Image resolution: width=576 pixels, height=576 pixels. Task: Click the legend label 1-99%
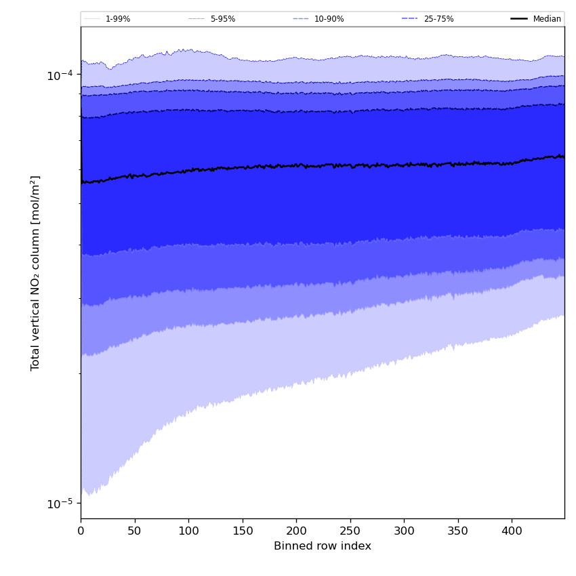click(118, 19)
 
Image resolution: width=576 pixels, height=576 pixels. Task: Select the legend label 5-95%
click(223, 19)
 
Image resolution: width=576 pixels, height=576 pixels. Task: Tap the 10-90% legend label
click(329, 19)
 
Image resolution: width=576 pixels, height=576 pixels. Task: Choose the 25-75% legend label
click(438, 19)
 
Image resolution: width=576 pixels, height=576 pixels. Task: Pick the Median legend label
click(547, 19)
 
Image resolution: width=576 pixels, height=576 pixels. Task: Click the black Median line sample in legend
click(519, 19)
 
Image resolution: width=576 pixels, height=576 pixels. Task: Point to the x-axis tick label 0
click(81, 532)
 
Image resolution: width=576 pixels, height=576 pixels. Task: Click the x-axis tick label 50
click(134, 532)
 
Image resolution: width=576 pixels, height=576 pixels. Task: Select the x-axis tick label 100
click(188, 532)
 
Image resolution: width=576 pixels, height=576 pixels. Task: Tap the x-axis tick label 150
click(243, 532)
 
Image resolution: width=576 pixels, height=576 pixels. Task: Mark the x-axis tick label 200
click(296, 532)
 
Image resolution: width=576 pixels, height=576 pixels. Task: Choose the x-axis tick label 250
click(350, 532)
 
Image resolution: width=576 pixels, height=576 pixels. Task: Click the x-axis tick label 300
click(404, 532)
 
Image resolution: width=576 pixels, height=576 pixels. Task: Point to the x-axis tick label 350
click(458, 532)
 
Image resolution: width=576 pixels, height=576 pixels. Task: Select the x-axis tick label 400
click(512, 532)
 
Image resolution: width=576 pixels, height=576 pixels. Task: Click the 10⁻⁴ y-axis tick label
click(60, 75)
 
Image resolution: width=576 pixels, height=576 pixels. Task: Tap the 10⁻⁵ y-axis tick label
click(60, 503)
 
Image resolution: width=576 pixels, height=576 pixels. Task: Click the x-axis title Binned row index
click(323, 546)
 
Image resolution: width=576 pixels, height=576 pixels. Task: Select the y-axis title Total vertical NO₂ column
click(35, 272)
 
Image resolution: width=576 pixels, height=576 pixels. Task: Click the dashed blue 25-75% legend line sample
click(410, 19)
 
